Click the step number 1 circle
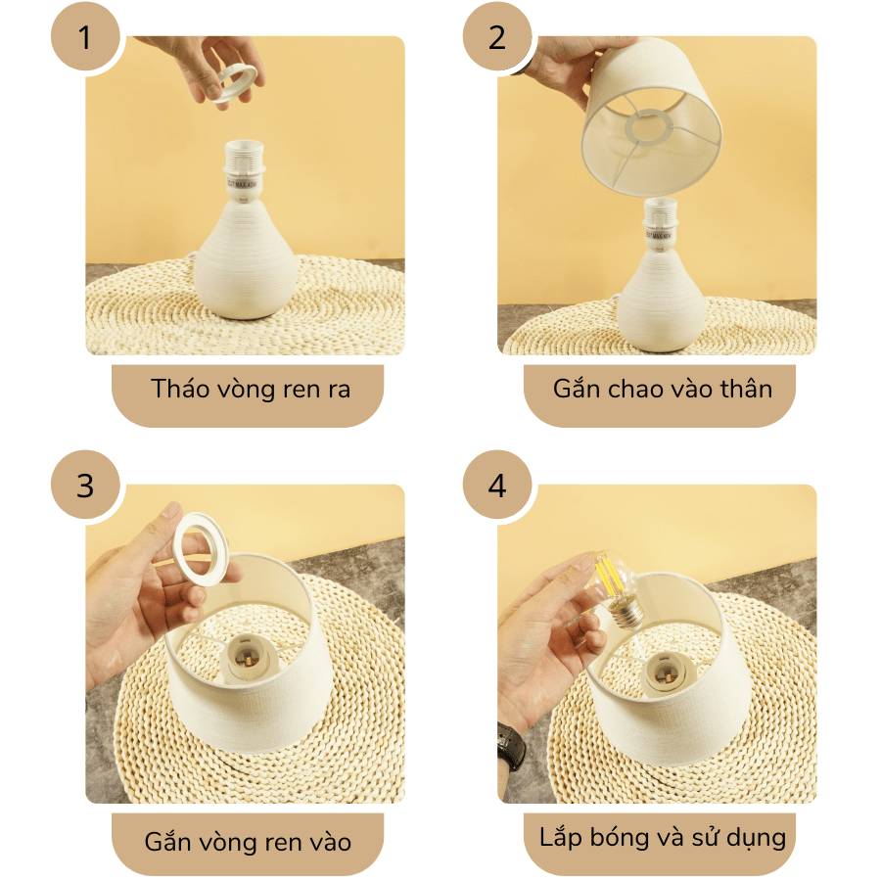pos(85,38)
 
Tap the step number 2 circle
pos(497,38)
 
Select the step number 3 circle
pos(85,486)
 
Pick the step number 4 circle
pos(497,486)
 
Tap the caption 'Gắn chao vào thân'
pos(662,389)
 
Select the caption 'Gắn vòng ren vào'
pos(248,841)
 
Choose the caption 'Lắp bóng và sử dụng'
pos(662,838)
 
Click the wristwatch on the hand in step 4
pos(510,748)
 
